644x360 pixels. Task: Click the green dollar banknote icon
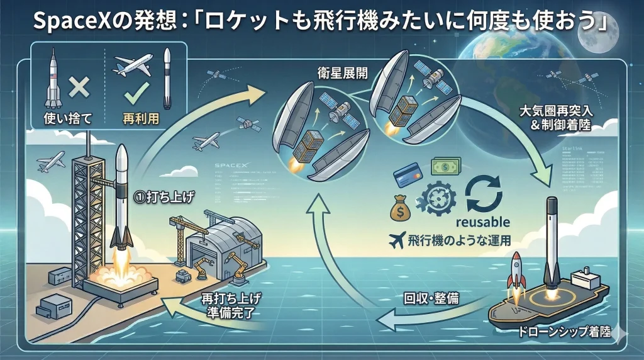pos(446,167)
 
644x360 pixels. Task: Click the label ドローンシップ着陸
pos(560,332)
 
